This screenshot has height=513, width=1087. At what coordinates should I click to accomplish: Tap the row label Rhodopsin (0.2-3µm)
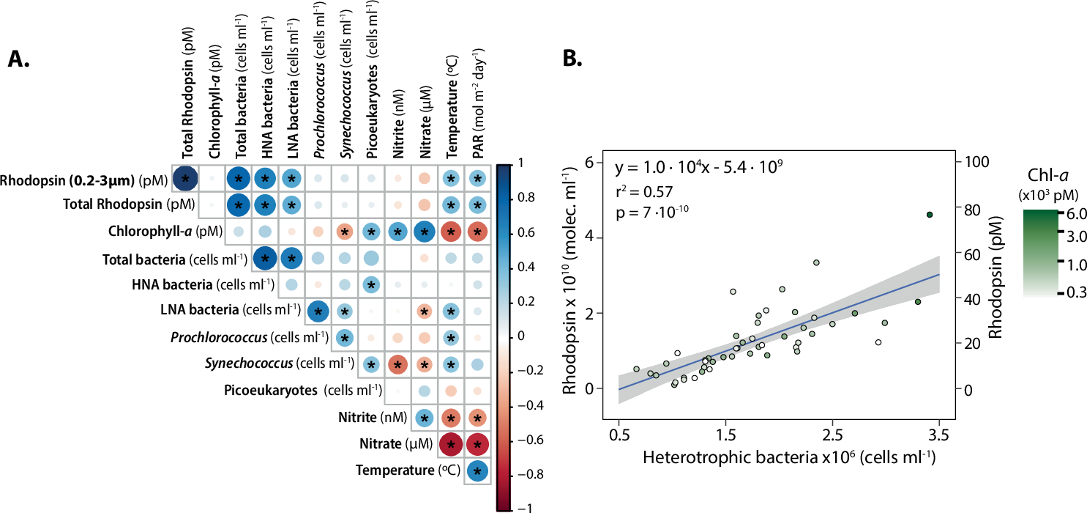83,180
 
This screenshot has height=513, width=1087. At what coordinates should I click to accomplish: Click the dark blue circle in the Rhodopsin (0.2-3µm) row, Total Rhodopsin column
185,179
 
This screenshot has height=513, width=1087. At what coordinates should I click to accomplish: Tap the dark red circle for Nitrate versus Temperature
451,444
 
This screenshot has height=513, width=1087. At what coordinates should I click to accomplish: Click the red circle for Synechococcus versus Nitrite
397,364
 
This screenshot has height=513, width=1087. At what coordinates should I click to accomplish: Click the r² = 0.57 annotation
644,192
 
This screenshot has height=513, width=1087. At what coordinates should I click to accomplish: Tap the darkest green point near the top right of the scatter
930,215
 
